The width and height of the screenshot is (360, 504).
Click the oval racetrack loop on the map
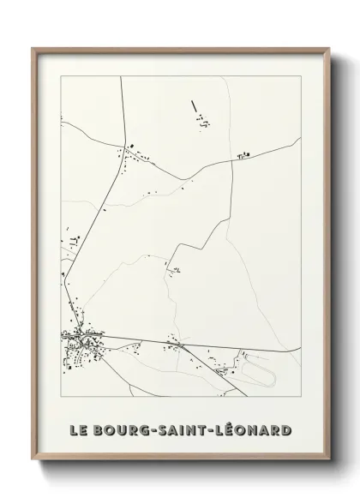point(257,370)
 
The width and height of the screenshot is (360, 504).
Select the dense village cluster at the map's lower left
point(79,346)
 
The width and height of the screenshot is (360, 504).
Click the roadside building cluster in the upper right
point(243,155)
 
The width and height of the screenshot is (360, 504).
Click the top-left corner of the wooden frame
point(33,49)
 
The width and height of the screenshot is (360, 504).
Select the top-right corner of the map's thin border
point(299,76)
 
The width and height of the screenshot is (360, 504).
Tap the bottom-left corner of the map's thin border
point(61,398)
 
